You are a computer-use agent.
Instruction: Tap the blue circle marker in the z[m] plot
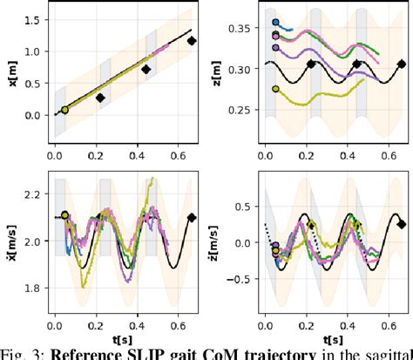click(x=275, y=24)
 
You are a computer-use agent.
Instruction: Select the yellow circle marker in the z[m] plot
click(x=275, y=88)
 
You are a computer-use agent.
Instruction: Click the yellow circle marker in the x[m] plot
click(x=64, y=110)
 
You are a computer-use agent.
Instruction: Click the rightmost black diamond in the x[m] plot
click(x=193, y=40)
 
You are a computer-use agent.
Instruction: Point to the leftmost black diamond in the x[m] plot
click(x=99, y=98)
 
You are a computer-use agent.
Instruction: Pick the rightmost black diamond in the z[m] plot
click(x=402, y=64)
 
